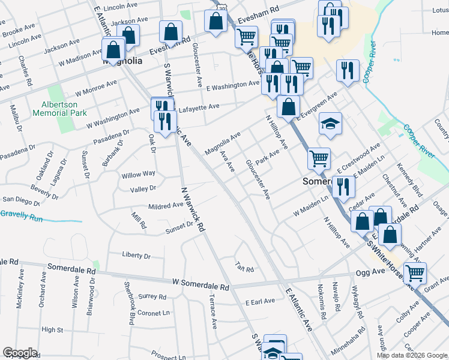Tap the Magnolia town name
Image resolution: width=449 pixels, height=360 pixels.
(122, 61)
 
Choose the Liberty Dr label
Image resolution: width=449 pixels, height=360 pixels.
(136, 256)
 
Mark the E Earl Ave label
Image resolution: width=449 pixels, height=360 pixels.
(260, 301)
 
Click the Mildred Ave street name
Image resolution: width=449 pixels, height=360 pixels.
(166, 205)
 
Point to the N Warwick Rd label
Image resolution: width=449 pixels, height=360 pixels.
(193, 209)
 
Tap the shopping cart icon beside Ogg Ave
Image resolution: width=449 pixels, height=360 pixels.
(415, 273)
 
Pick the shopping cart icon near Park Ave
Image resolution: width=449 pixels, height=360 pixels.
(319, 158)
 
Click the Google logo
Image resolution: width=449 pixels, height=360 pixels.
(20, 353)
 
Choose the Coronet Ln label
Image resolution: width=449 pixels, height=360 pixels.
(154, 313)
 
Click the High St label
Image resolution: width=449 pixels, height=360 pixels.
(53, 329)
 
